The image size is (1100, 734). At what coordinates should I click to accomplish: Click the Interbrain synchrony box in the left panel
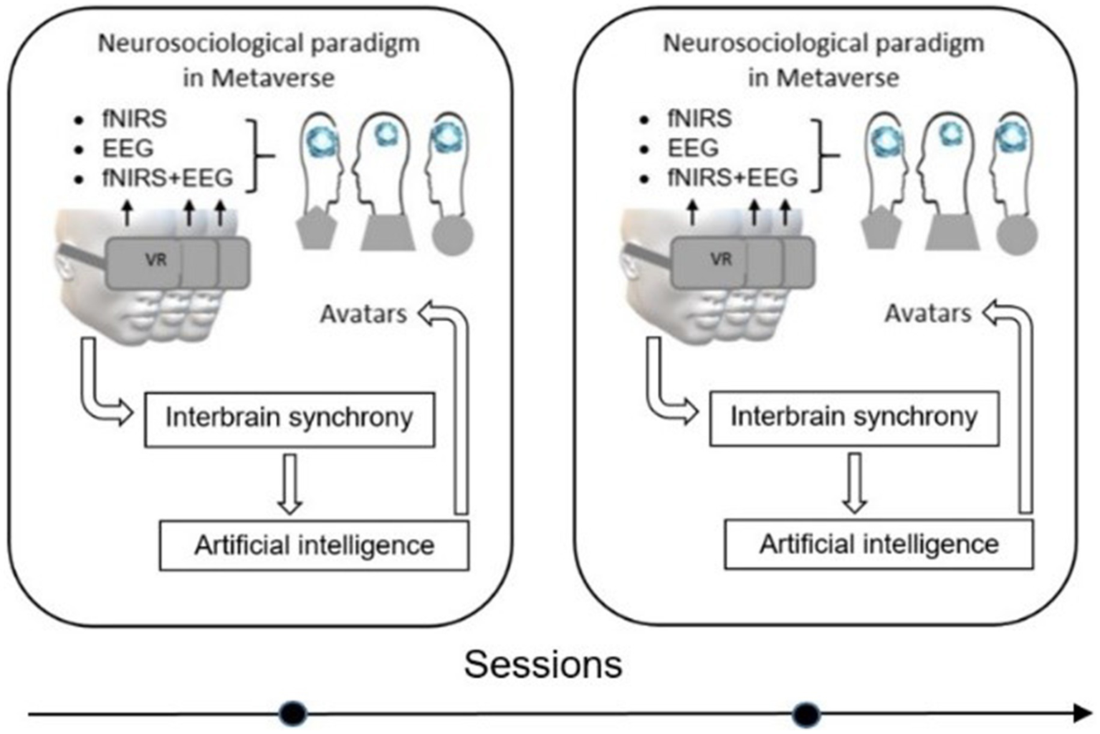click(290, 419)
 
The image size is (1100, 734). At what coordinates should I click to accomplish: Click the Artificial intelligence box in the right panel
click(879, 545)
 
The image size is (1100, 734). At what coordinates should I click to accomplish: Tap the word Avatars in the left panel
click(363, 314)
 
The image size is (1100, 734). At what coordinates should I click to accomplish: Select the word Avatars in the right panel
click(928, 313)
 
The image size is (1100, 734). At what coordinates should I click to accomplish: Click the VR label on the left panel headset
click(156, 259)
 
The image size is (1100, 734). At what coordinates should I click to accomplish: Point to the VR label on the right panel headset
click(721, 259)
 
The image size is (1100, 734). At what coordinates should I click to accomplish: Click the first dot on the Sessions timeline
click(292, 713)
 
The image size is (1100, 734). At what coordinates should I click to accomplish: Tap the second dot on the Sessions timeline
click(806, 714)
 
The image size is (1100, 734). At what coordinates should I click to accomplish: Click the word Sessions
click(542, 664)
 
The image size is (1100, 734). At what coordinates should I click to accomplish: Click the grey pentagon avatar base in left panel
click(317, 229)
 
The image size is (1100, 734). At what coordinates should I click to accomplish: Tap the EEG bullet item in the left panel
click(128, 148)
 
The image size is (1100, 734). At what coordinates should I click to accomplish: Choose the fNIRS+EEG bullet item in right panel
click(732, 177)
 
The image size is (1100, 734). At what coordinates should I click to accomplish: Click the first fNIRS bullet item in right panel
click(699, 118)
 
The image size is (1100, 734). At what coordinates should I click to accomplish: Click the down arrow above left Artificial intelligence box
click(290, 483)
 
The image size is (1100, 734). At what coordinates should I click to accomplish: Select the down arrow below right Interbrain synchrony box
click(854, 482)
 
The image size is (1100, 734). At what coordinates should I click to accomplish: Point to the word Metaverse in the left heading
click(284, 77)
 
